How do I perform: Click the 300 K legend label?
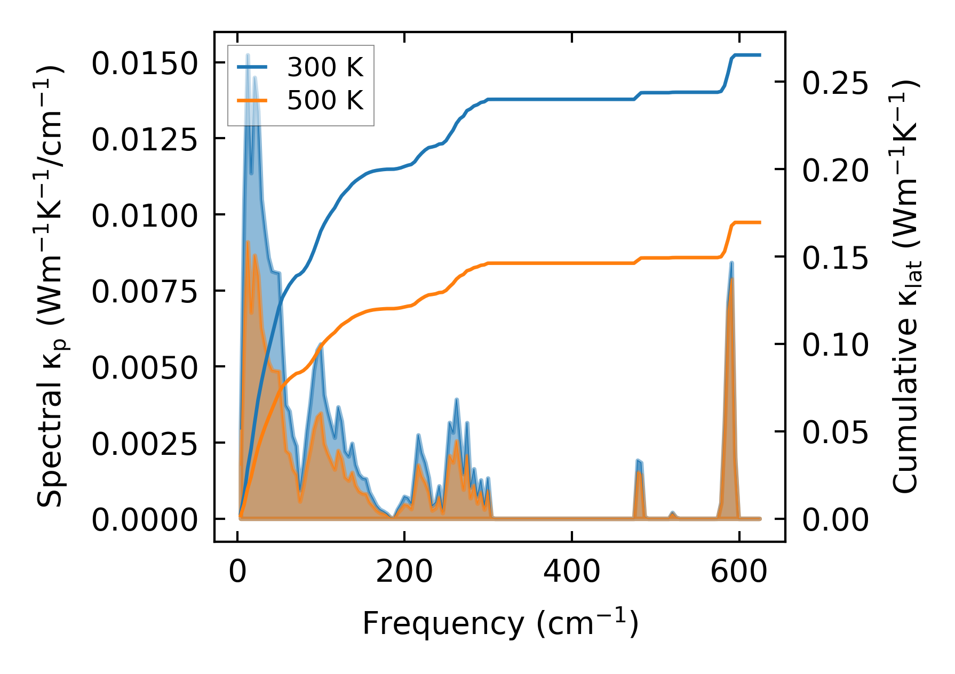[x=325, y=67]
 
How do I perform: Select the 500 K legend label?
[x=325, y=100]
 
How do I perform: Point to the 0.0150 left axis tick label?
[x=145, y=64]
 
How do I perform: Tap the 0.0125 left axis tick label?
[x=145, y=140]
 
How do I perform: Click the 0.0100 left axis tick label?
[x=145, y=216]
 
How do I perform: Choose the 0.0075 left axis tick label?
[x=145, y=292]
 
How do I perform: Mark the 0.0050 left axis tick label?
[x=145, y=368]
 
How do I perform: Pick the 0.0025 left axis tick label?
[x=145, y=444]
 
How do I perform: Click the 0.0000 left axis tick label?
[x=145, y=520]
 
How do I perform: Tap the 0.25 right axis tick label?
[x=835, y=83]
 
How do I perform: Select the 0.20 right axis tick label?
[x=835, y=171]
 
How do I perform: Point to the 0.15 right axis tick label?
[x=835, y=258]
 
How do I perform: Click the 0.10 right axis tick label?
[x=835, y=345]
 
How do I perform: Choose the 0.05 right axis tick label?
[x=835, y=432]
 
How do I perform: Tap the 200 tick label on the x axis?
[x=404, y=572]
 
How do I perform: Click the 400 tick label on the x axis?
[x=571, y=572]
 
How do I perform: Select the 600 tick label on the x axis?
[x=739, y=572]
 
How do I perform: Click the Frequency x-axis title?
[x=500, y=623]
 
